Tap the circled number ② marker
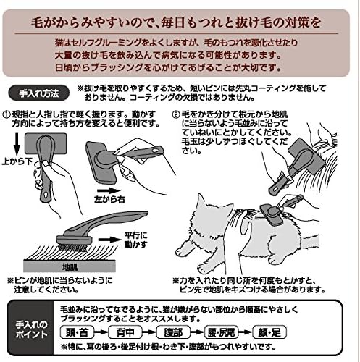pyautogui.click(x=177, y=114)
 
